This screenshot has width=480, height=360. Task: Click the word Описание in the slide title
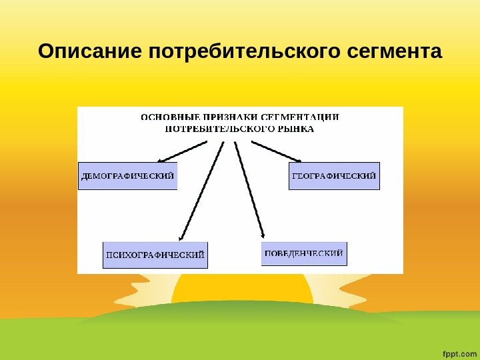[91, 51]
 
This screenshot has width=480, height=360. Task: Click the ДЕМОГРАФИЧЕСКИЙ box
[128, 177]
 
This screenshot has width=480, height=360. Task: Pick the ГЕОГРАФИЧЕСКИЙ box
[334, 176]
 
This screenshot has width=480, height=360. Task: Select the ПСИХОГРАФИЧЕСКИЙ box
[155, 255]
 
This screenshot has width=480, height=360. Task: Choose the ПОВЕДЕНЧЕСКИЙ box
[304, 253]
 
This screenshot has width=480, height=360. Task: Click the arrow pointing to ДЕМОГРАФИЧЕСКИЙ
[183, 151]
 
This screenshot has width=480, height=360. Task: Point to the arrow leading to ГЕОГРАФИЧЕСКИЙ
[276, 151]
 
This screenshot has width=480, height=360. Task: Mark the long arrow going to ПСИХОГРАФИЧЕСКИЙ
[201, 190]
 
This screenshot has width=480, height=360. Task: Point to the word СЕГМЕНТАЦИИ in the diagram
[303, 117]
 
